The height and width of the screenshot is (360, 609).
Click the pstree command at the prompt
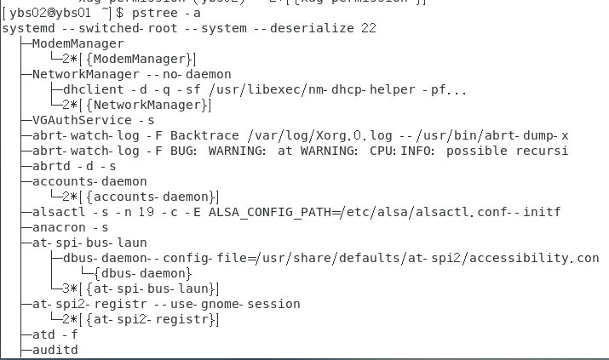[159, 14]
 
